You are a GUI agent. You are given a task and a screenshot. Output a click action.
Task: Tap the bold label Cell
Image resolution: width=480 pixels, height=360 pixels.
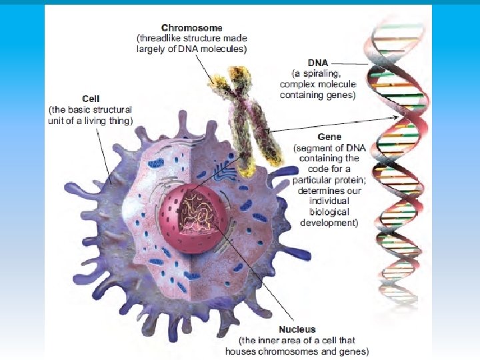(90, 99)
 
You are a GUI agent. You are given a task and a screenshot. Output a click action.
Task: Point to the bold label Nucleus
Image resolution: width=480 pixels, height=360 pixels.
(298, 329)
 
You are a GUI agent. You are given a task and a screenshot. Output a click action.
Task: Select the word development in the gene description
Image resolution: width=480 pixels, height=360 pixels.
(329, 223)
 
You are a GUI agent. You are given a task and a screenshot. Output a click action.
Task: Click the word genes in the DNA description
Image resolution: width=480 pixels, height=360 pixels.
(341, 95)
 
